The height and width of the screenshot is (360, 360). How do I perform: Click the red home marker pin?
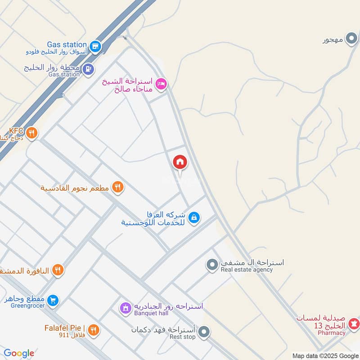pyautogui.click(x=180, y=162)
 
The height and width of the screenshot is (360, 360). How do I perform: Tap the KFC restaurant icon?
pyautogui.click(x=31, y=133)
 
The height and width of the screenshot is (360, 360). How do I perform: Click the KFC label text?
pyautogui.click(x=16, y=130)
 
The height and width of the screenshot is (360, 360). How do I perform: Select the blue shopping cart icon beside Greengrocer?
pyautogui.click(x=53, y=300)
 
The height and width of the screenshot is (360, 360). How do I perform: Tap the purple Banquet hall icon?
pyautogui.click(x=124, y=308)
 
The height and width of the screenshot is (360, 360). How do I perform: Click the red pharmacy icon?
pyautogui.click(x=354, y=322)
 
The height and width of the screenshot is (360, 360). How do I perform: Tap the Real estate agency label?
pyautogui.click(x=247, y=270)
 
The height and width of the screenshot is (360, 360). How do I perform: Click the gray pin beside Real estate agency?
pyautogui.click(x=211, y=265)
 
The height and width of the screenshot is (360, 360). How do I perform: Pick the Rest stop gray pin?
pyautogui.click(x=204, y=332)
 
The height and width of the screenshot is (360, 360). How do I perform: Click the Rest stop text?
pyautogui.click(x=182, y=337)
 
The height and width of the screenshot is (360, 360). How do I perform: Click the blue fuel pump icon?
pyautogui.click(x=88, y=68)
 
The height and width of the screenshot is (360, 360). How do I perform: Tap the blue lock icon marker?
pyautogui.click(x=193, y=218)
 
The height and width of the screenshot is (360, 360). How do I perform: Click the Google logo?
pyautogui.click(x=19, y=353)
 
